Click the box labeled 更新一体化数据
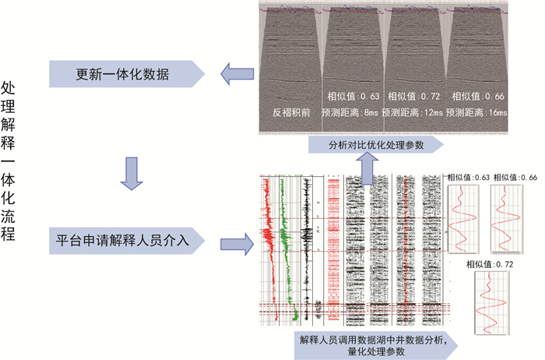point(125,75)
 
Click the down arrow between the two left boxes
point(132,173)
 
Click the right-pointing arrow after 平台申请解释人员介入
point(236,243)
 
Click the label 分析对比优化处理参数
point(374,145)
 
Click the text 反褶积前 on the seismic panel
point(290,112)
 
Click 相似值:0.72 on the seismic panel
point(413,97)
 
